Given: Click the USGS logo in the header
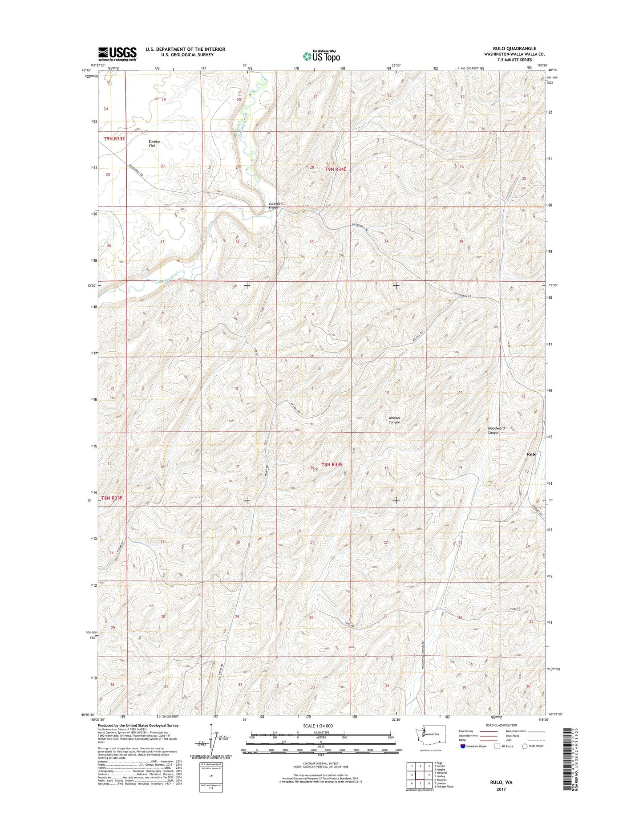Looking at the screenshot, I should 117,54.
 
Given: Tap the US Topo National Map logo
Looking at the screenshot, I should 321,56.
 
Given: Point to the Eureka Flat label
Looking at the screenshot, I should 154,143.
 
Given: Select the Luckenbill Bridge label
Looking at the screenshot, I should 276,205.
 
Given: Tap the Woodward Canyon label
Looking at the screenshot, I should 496,430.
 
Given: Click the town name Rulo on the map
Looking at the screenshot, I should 531,454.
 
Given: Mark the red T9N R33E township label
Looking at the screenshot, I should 114,138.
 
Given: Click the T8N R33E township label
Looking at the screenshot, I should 112,498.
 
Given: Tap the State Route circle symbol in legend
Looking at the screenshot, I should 525,746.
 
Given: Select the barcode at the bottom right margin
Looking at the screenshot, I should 566,765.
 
